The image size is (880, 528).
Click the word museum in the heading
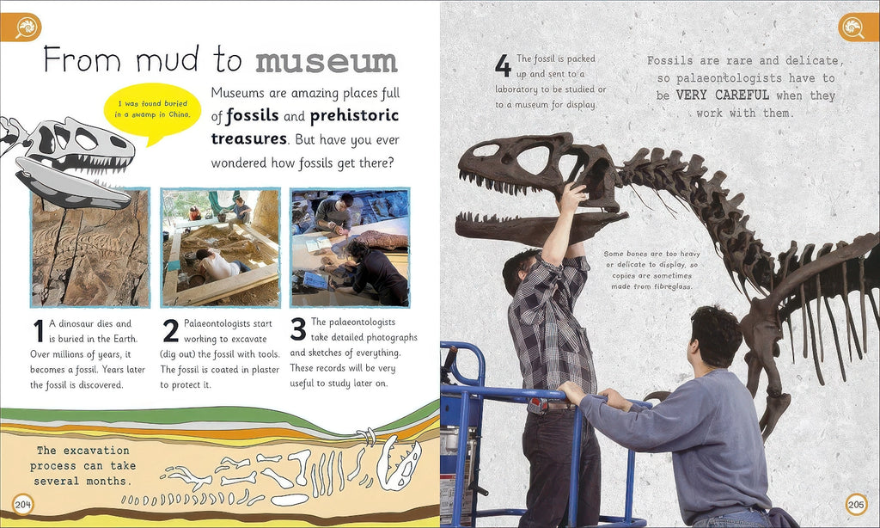(x=327, y=62)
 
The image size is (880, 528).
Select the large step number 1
(x=37, y=331)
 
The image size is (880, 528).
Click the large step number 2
(x=170, y=331)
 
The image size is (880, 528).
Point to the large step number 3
(x=298, y=329)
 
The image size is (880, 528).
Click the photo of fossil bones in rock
(x=90, y=248)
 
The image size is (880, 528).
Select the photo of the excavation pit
(x=220, y=248)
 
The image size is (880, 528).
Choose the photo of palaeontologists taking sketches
(x=349, y=248)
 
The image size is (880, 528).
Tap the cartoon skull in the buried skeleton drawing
(x=398, y=464)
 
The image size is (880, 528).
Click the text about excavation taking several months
(x=85, y=465)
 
